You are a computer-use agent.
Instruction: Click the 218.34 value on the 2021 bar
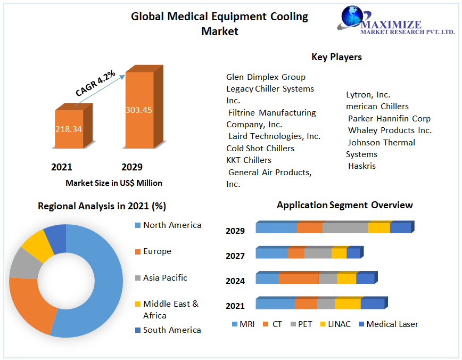69,129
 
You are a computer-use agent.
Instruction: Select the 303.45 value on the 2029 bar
139,110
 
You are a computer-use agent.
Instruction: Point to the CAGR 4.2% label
95,84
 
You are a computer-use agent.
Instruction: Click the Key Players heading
336,57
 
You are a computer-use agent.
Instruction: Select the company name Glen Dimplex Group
266,77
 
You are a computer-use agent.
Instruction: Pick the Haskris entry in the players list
362,166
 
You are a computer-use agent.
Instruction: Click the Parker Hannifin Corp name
389,118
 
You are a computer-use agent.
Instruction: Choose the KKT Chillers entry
249,160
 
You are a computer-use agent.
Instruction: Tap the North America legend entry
172,225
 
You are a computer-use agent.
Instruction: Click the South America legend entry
172,330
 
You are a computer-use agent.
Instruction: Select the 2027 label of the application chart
235,256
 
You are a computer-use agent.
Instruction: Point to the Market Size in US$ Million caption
114,183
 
